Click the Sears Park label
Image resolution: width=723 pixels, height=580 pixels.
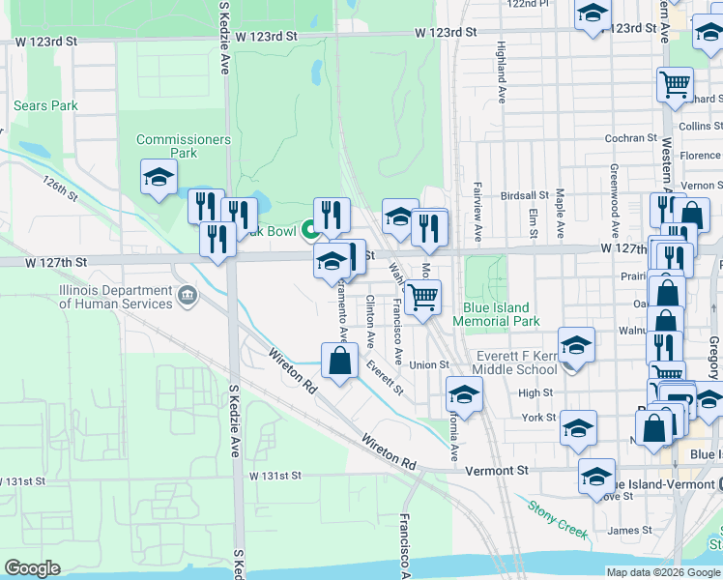tap(45, 105)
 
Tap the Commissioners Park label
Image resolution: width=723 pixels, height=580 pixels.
tap(184, 146)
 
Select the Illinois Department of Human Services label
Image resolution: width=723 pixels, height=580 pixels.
tap(116, 297)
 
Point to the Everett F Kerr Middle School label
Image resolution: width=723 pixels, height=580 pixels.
tap(515, 362)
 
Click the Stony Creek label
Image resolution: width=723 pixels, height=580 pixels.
tap(558, 518)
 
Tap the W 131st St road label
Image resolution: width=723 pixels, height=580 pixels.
tap(275, 477)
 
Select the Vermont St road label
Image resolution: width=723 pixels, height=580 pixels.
tap(494, 469)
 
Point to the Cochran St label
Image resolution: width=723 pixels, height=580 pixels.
tap(630, 138)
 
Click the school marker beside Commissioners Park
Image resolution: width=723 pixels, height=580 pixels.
tap(159, 178)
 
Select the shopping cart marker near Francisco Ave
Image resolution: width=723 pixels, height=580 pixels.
tap(422, 296)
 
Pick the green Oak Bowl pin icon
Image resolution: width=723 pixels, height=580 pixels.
tap(310, 229)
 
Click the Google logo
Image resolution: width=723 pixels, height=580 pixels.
tap(32, 568)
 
